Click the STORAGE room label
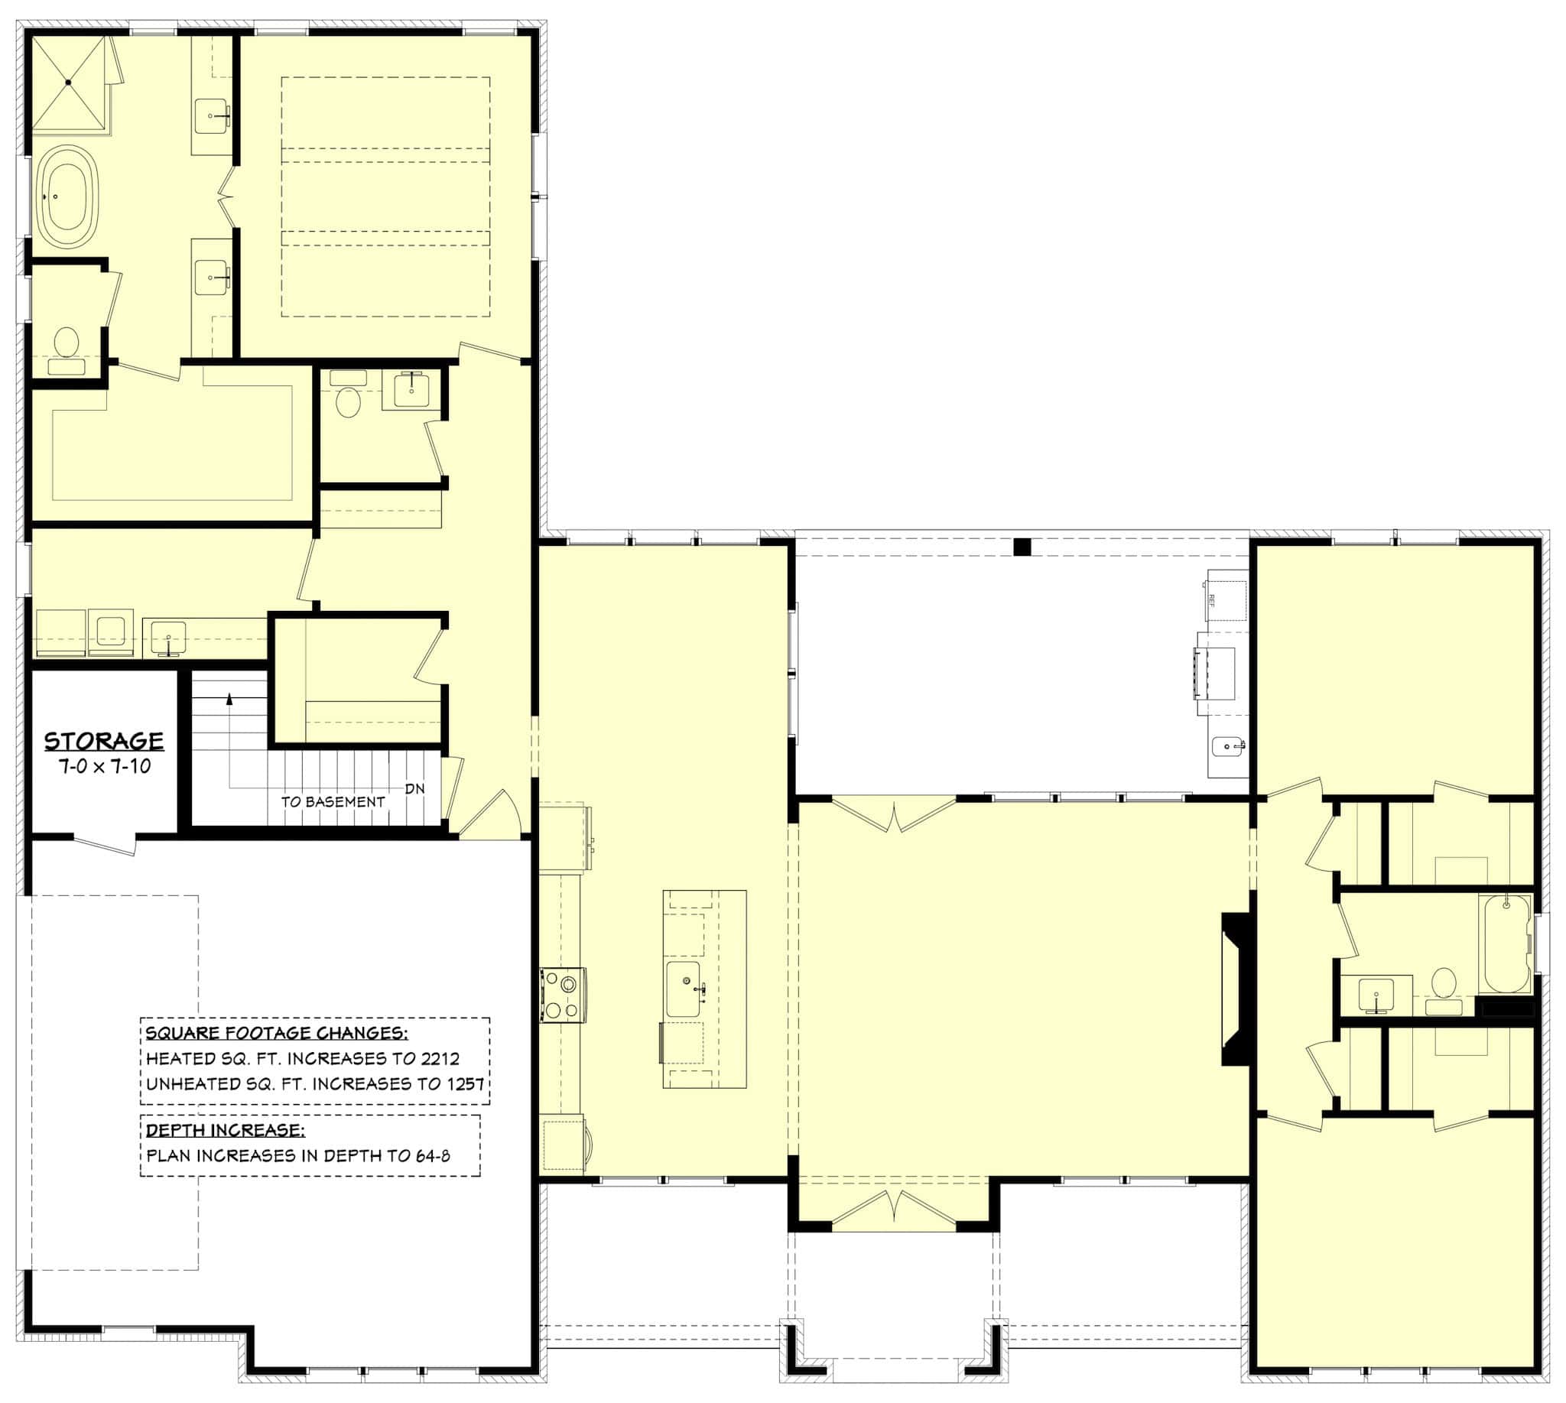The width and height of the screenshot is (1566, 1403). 103,741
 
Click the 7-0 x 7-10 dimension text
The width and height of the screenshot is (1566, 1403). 105,766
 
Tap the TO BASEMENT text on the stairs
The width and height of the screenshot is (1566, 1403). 333,802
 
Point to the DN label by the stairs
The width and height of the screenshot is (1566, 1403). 415,788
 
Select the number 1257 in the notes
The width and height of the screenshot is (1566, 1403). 465,1084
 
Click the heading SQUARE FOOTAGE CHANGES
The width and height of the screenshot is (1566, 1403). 276,1033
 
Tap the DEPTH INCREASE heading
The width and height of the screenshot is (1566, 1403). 225,1130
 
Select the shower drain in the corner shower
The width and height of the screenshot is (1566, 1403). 68,82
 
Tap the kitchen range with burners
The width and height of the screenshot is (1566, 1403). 563,995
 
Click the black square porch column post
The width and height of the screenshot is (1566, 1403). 1022,547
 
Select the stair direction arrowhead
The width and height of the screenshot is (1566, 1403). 229,698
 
